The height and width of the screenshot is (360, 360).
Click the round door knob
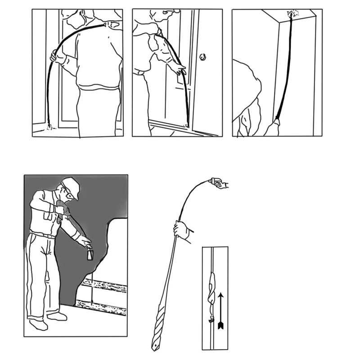(203, 57)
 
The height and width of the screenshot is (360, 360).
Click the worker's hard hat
(71, 185)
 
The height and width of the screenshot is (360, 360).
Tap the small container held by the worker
(90, 255)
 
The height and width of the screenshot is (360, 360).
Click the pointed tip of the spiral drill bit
(154, 347)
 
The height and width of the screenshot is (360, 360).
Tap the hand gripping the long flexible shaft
(182, 230)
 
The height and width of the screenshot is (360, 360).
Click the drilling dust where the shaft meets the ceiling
(293, 14)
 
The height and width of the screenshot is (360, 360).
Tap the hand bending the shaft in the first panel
(55, 56)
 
